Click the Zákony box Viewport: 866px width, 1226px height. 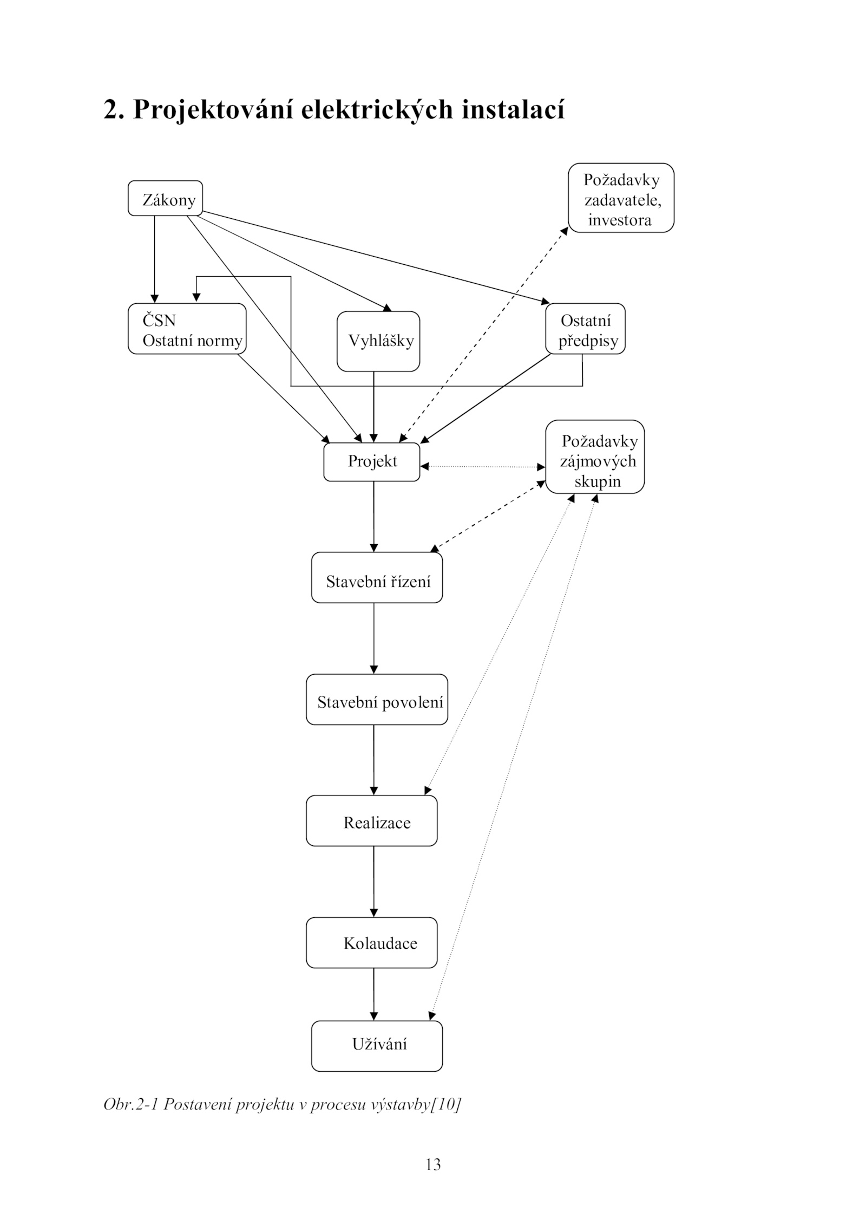[165, 198]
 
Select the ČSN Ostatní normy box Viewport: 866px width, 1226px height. [187, 329]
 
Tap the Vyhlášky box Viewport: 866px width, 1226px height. [378, 341]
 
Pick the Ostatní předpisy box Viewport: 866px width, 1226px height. [585, 329]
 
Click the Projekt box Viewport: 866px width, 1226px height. [372, 462]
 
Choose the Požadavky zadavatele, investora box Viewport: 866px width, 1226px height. [621, 198]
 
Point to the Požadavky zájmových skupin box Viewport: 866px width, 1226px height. [595, 457]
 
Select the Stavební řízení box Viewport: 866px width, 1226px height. [377, 577]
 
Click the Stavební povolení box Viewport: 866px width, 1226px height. [377, 699]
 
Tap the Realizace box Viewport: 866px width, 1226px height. [371, 821]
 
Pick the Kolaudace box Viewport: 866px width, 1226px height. [371, 943]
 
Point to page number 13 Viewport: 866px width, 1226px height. [433, 1164]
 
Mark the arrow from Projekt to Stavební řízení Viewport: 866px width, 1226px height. [373, 517]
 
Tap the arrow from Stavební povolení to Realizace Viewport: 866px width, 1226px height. [373, 760]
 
